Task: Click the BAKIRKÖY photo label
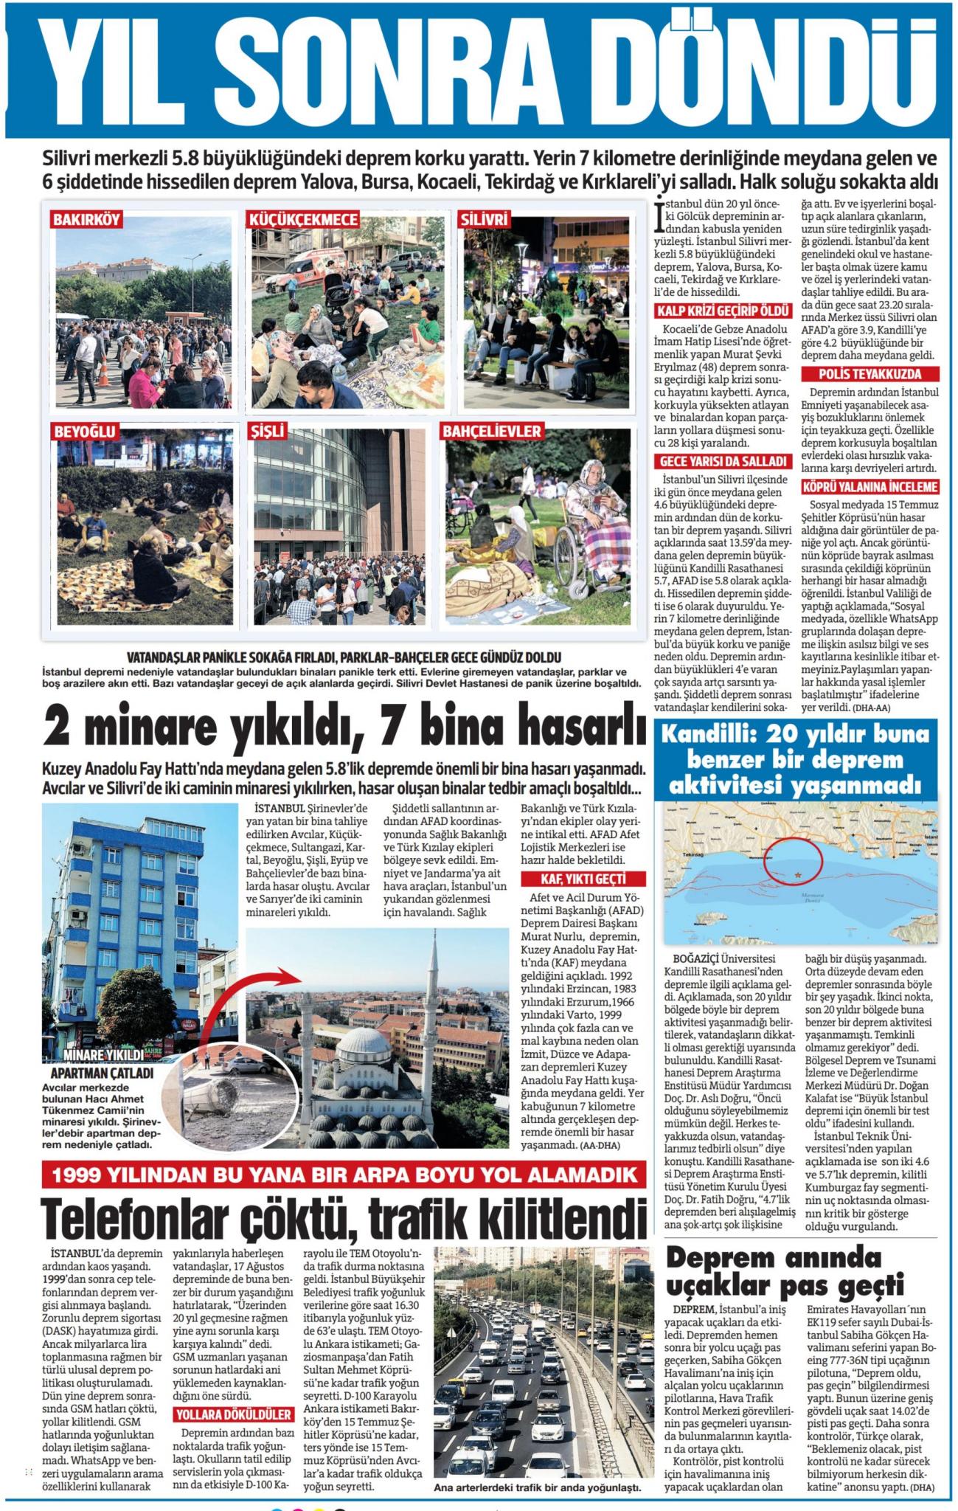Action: pyautogui.click(x=86, y=220)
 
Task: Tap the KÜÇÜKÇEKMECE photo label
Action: pyautogui.click(x=304, y=220)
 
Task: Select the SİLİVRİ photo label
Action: pyautogui.click(x=485, y=220)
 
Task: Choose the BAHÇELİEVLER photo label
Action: pyautogui.click(x=492, y=431)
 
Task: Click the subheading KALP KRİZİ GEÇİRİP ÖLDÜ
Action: pyautogui.click(x=714, y=311)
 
